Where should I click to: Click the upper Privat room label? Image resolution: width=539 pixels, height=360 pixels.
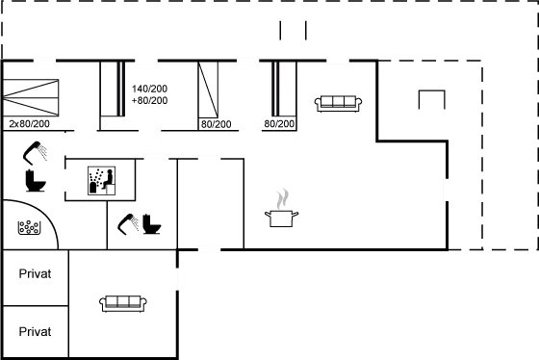point(35,274)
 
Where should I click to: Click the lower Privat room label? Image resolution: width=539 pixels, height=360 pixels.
point(35,331)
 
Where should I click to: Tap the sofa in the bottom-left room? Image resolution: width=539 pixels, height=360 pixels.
point(122,304)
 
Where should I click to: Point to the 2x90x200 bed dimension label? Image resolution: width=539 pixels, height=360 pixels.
point(29,124)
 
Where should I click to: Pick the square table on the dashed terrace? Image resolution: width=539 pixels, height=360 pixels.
point(430,100)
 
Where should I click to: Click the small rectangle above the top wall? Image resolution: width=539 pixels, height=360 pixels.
point(293,30)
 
